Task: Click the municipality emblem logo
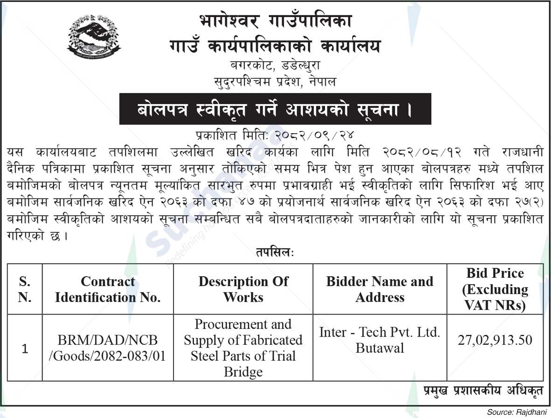point(94,36)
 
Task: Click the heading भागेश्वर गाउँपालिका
point(275,21)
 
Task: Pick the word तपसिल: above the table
point(275,252)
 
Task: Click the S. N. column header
point(25,289)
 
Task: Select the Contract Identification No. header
point(108,289)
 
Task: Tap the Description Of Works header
point(243,289)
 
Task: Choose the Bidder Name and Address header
point(380,289)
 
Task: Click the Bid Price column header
point(495,289)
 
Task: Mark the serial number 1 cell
point(25,349)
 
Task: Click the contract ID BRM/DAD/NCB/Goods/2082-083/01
point(108,349)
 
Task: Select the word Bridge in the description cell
point(243,372)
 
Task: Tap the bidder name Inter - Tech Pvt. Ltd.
point(380,333)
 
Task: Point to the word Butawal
point(380,348)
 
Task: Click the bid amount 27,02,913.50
point(495,341)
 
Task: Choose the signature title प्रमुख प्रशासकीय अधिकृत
point(483,391)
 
